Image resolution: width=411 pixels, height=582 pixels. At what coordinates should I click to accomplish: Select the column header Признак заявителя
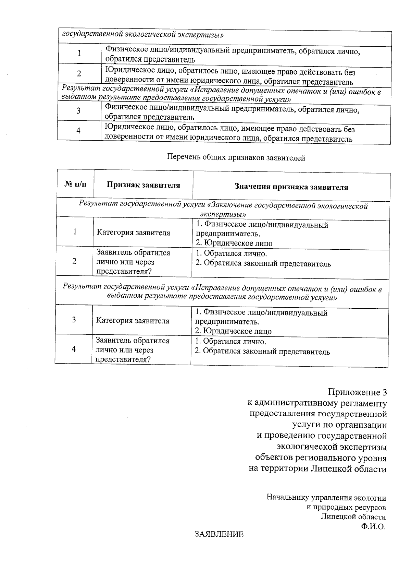143,185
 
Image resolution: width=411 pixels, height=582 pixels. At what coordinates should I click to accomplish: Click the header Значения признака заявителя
291,187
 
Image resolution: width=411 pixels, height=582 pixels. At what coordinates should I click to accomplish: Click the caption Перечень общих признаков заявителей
236,158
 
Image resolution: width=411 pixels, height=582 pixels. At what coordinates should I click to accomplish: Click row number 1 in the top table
79,53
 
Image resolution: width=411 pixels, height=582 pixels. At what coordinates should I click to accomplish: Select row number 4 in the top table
78,131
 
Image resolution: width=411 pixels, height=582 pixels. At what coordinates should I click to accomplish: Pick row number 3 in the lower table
74,320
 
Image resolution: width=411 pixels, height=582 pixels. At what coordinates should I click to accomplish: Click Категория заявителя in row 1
133,233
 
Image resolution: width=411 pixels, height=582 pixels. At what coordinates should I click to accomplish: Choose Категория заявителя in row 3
133,321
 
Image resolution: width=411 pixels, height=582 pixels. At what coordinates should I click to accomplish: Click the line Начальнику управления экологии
326,497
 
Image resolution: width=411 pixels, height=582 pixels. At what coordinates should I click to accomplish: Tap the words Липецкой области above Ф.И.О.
353,517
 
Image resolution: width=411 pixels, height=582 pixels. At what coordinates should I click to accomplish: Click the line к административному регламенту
317,403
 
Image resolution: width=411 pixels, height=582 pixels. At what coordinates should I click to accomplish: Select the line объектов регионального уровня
321,458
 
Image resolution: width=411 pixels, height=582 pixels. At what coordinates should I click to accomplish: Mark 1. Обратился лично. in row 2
231,254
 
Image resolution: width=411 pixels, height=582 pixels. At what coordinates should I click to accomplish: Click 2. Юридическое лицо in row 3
233,331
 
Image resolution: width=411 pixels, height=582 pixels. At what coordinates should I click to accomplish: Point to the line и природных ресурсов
346,507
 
